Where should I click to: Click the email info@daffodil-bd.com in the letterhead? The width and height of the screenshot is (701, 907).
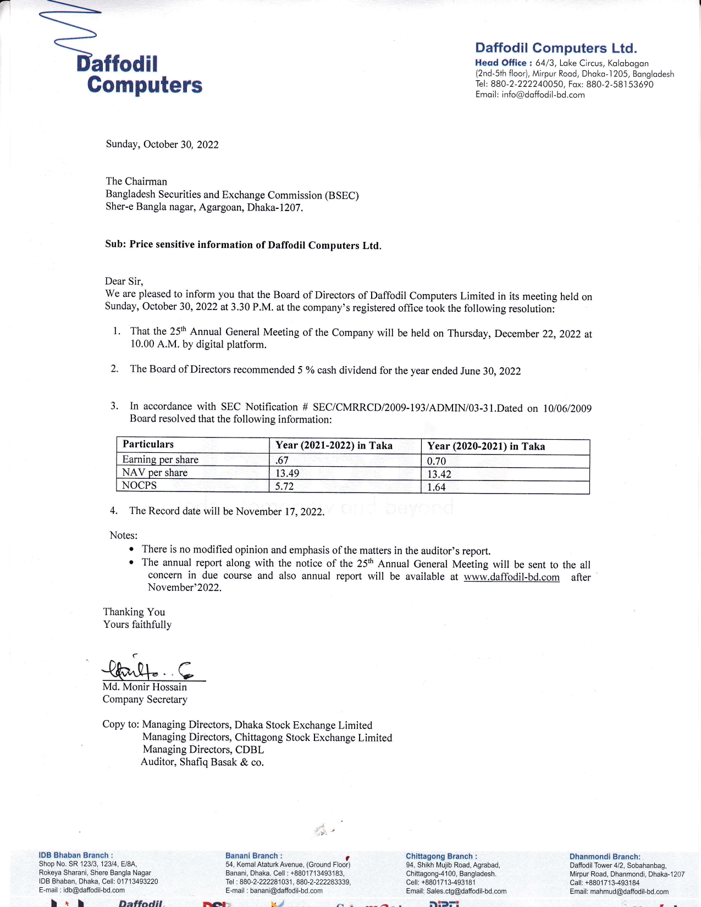543,95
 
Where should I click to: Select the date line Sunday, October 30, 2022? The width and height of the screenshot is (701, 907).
162,145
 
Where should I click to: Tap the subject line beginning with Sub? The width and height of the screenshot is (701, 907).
243,245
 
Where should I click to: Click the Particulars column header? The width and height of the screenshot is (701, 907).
148,444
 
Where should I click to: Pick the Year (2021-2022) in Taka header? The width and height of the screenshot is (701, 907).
334,445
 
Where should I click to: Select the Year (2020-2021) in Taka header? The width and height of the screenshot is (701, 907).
486,446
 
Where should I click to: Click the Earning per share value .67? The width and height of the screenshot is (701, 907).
282,460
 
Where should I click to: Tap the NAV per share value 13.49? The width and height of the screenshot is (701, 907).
287,473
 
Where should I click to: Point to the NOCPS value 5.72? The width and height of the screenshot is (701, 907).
284,486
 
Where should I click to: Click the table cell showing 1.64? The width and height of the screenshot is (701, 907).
437,487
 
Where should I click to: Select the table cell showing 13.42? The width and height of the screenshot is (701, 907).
439,474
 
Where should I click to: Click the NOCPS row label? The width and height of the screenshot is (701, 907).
139,485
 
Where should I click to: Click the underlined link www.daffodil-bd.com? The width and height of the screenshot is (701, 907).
511,577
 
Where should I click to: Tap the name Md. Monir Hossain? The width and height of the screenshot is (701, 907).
145,687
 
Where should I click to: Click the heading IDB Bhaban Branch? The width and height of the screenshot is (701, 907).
76,855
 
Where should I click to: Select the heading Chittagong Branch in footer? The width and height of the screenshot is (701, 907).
441,856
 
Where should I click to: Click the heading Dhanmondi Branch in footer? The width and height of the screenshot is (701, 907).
605,857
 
